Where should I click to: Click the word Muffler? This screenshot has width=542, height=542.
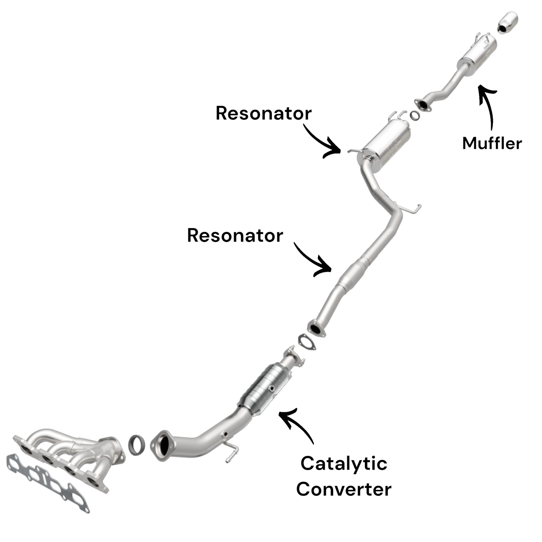pos(492,143)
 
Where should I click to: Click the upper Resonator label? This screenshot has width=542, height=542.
pos(263,113)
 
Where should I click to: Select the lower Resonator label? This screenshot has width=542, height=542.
pos(235,236)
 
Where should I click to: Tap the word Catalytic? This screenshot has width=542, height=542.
pos(344,464)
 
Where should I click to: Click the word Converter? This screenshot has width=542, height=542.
pos(344,489)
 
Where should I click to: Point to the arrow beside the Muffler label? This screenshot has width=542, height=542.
pos(488,105)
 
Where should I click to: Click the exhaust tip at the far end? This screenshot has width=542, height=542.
pos(508,22)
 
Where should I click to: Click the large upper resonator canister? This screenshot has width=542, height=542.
pos(388,143)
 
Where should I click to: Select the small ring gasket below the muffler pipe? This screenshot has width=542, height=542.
pos(414,116)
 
